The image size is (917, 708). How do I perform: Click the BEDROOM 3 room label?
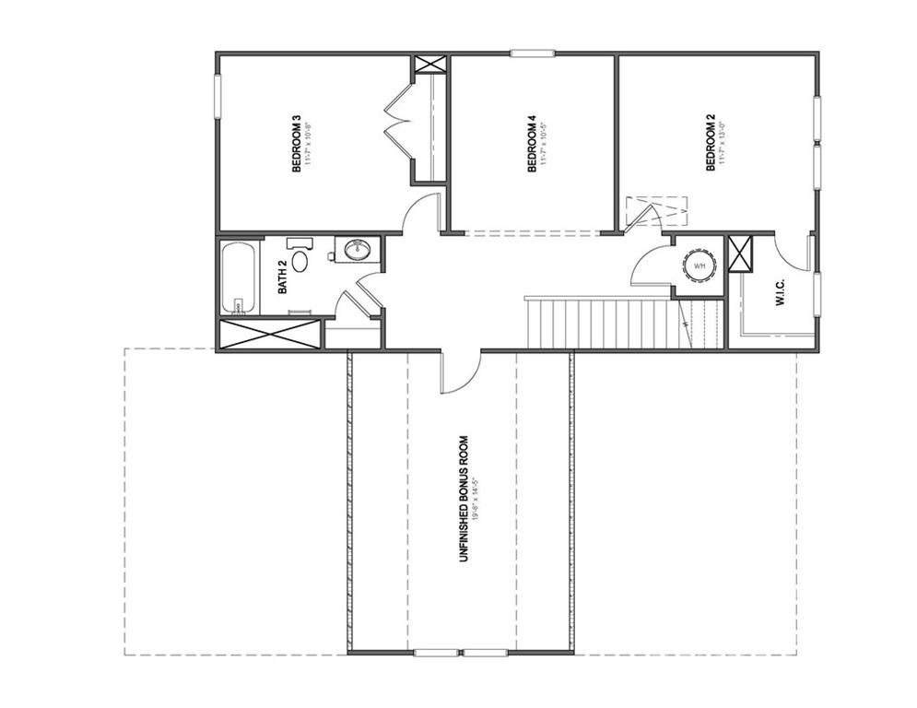297,144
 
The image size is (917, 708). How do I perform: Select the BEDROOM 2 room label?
711,144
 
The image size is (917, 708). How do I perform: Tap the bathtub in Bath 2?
239,277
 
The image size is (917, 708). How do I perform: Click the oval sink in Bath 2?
355,249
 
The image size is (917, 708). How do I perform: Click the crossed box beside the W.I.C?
739,254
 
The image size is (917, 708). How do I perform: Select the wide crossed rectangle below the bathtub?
271,334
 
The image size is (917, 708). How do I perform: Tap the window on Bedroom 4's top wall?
532,53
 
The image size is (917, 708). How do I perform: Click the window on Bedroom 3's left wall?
218,97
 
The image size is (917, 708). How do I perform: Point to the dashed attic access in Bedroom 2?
655,210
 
